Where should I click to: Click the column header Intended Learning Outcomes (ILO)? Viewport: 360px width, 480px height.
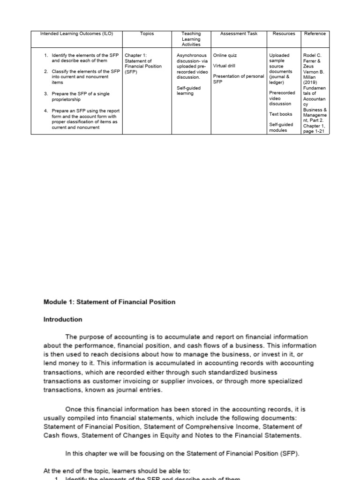(74, 34)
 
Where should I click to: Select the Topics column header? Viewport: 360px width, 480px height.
(147, 34)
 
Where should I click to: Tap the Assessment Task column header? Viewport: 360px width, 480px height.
(239, 34)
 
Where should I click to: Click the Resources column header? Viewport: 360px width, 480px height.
(284, 34)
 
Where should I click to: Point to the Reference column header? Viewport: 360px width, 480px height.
(315, 34)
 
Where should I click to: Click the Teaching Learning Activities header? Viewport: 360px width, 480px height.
(191, 39)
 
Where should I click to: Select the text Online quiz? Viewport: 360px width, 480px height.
(225, 55)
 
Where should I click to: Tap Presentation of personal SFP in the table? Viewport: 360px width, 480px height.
(239, 79)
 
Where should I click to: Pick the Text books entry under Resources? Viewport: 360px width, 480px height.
(281, 114)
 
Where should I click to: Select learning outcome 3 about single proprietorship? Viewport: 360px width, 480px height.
(80, 97)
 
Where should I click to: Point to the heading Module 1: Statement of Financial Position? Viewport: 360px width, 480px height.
(109, 302)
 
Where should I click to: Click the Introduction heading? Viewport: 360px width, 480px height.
(63, 320)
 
